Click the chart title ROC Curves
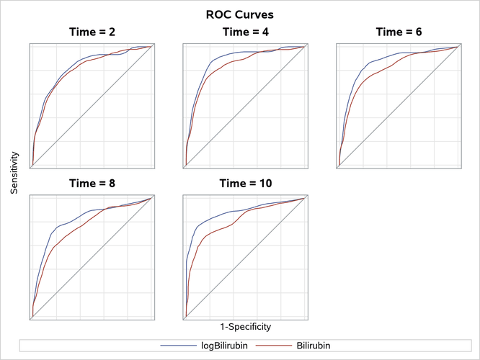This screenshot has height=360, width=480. (239, 14)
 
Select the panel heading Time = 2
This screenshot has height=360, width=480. (91, 32)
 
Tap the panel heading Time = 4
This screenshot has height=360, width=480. (245, 32)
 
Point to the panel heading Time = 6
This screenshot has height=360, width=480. (399, 32)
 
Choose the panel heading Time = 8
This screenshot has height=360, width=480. (91, 184)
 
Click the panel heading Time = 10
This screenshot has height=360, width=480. (245, 184)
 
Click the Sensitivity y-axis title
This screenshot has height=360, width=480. (14, 173)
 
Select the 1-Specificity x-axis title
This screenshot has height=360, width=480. (245, 326)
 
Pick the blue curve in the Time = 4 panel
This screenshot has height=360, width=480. (209, 63)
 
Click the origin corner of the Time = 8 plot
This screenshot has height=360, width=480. (30, 317)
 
